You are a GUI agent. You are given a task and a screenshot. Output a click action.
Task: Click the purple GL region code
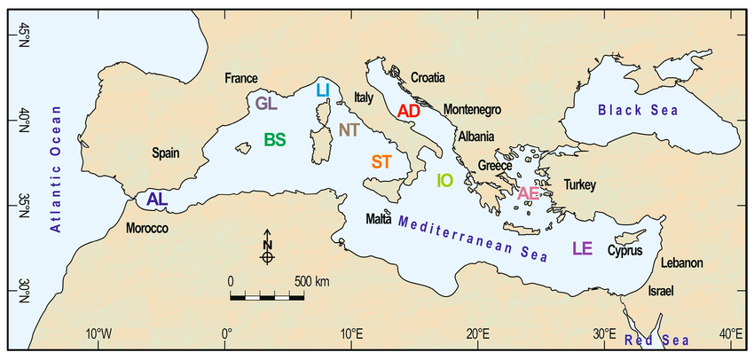[266, 103]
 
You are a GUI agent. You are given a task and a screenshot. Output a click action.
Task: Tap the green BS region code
[275, 139]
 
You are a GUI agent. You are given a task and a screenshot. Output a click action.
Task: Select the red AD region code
[408, 111]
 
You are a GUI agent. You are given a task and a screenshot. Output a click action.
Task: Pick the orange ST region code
[381, 161]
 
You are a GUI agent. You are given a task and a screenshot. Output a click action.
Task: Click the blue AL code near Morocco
[157, 200]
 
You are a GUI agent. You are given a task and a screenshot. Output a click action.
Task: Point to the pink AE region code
[529, 193]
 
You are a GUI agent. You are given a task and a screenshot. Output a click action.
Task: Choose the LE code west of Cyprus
[582, 248]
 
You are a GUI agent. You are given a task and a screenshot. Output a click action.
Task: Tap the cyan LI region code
[323, 89]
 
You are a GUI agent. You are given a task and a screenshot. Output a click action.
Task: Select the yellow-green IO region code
[444, 181]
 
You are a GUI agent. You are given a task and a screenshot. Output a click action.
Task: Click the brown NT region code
[349, 130]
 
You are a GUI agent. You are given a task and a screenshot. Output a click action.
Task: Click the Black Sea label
[637, 110]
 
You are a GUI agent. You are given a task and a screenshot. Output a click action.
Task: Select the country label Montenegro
[472, 109]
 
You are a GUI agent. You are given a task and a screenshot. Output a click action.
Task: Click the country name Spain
[166, 153]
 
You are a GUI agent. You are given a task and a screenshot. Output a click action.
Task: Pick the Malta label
[379, 219]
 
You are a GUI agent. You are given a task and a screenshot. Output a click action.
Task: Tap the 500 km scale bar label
[311, 281]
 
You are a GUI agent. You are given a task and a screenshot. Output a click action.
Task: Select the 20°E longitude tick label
[479, 333]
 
